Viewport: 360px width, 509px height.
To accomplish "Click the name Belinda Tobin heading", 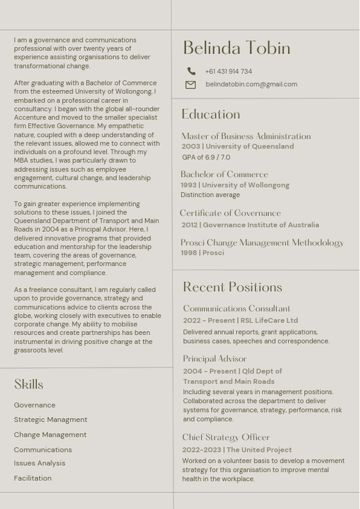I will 236,48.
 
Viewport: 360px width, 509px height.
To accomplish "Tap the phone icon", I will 191,71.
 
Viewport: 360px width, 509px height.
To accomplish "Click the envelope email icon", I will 190,85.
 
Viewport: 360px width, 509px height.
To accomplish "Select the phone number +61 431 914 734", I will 228,71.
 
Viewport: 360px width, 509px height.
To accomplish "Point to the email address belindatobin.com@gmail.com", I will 251,85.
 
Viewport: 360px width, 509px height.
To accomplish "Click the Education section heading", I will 211,114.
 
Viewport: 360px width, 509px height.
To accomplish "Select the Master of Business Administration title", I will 246,137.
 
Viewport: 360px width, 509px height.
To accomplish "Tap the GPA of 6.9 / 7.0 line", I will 206,157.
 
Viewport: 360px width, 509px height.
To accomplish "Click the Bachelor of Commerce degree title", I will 224,175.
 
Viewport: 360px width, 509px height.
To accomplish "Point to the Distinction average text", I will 210,195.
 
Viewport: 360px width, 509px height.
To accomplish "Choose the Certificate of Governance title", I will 230,213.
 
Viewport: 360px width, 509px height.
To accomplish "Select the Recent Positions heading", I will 233,287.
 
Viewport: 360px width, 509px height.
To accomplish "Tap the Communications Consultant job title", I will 237,309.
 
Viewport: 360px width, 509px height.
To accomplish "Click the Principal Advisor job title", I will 215,359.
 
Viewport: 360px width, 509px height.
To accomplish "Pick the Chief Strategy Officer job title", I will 226,438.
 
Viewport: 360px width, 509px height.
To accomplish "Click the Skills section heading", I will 29,384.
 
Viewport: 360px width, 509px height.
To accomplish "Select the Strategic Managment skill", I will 51,420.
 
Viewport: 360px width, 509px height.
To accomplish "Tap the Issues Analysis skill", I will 40,463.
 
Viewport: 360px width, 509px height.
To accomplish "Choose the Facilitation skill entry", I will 33,478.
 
